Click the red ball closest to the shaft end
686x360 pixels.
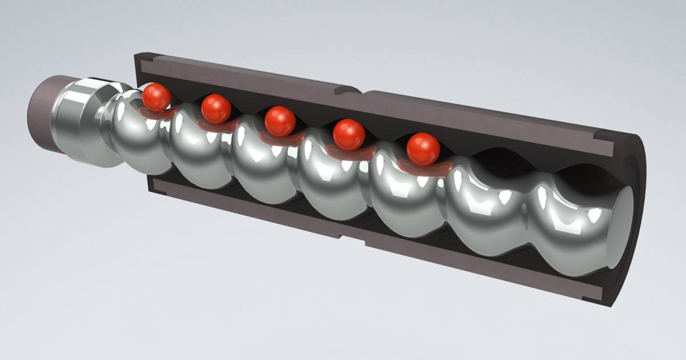tap(156, 97)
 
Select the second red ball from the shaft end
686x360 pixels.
tap(216, 109)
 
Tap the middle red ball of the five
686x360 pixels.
tap(280, 121)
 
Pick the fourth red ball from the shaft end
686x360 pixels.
tap(349, 134)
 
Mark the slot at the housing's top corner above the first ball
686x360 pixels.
tap(146, 58)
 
